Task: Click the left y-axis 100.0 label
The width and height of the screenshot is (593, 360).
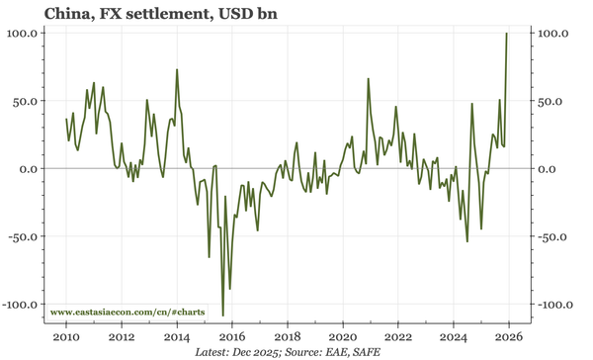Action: (24, 33)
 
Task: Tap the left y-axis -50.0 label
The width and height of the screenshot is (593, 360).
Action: (22, 236)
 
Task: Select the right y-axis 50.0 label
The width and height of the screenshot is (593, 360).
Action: (550, 101)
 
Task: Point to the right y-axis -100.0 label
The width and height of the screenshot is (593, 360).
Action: (552, 304)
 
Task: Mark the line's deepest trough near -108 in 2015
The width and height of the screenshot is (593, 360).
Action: (223, 315)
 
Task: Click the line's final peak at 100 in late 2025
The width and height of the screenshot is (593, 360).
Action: (507, 34)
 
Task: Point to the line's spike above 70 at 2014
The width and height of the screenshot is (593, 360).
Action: (177, 70)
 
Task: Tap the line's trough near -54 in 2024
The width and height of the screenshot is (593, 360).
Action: (466, 240)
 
